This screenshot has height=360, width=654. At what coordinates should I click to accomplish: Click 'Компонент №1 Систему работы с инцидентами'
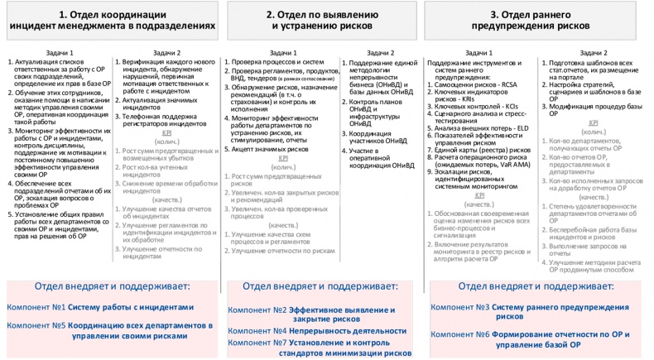pos(100,306)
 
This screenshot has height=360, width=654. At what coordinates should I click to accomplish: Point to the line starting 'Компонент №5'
pos(109,331)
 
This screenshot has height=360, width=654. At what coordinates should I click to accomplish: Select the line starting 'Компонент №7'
pos(318,347)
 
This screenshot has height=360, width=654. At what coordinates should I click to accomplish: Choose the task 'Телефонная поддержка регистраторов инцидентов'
pos(166,118)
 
